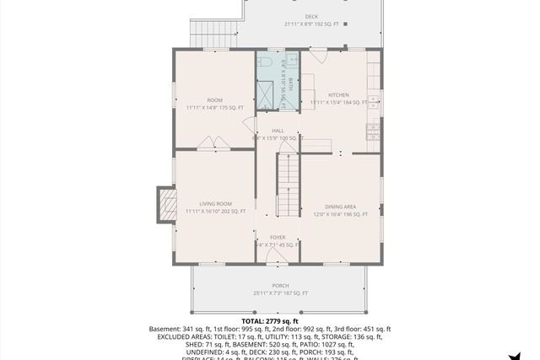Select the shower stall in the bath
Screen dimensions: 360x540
click(269, 94)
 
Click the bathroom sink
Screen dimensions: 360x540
click(293, 61)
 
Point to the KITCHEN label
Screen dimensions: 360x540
click(338, 94)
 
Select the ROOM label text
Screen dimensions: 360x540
click(214, 100)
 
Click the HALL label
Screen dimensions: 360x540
click(278, 130)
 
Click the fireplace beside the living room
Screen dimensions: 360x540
click(165, 205)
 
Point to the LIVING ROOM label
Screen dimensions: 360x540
click(215, 204)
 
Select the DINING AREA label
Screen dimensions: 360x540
click(340, 207)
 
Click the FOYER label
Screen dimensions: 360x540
click(278, 238)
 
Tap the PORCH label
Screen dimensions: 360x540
click(280, 286)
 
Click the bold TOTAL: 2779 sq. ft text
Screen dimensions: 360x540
click(270, 321)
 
